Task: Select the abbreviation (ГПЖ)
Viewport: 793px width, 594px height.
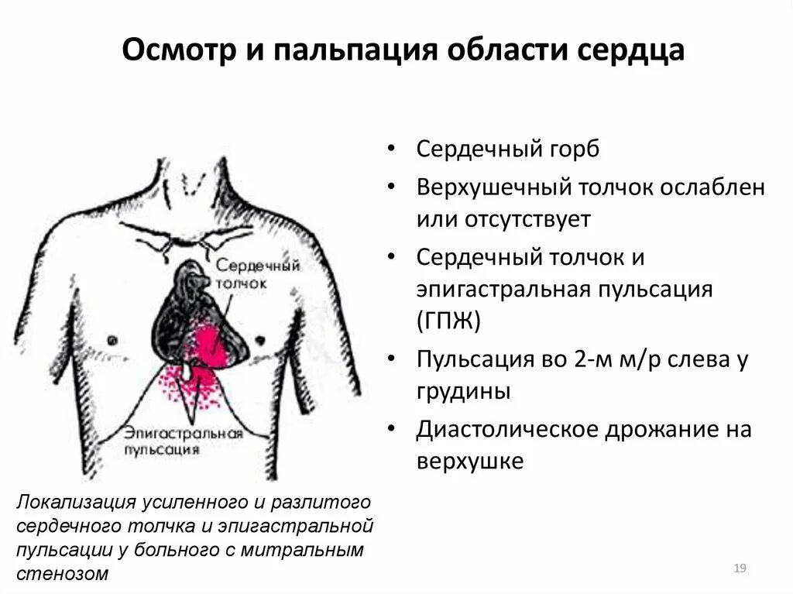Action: (x=448, y=320)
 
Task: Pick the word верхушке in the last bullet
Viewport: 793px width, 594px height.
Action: (x=470, y=462)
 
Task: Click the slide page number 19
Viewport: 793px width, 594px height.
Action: (x=739, y=569)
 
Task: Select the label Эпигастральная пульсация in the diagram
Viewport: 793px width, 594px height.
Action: (x=182, y=440)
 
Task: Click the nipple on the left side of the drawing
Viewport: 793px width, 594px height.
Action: (x=112, y=338)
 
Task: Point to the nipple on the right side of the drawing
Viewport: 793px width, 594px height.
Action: (x=260, y=338)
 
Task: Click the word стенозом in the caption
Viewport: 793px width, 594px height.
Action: (x=62, y=574)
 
